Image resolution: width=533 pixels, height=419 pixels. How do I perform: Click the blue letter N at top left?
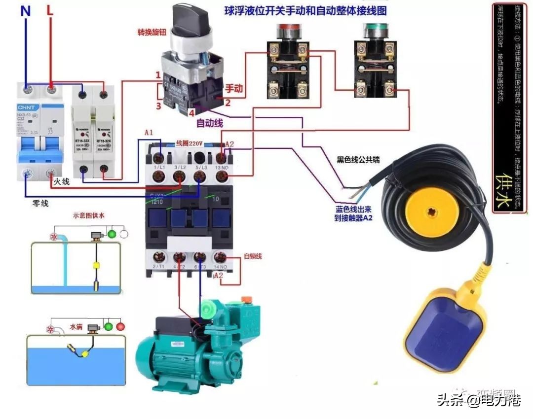pyautogui.click(x=25, y=11)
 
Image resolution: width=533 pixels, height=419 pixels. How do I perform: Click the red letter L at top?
pyautogui.click(x=50, y=11)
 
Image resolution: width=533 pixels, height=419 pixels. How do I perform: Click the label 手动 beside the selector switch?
pyautogui.click(x=234, y=89)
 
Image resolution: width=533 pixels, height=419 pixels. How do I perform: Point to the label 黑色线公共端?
pyautogui.click(x=358, y=160)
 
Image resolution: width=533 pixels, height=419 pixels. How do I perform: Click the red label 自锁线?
pyautogui.click(x=253, y=256)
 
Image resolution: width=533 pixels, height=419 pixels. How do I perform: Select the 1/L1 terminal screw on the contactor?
pyautogui.click(x=158, y=158)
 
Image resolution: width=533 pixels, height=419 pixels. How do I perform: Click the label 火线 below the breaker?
pyautogui.click(x=62, y=182)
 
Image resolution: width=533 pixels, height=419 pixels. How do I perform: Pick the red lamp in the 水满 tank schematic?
pyautogui.click(x=120, y=326)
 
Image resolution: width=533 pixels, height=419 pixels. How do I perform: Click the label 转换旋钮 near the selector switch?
pyautogui.click(x=150, y=33)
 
